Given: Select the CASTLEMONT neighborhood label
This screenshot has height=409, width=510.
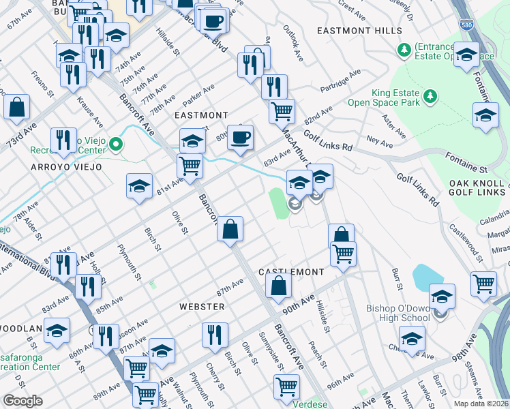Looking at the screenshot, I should click(x=291, y=272).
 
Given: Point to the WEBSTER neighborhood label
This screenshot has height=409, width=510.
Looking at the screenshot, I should click(x=202, y=307).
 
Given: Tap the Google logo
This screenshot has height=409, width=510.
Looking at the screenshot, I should click(x=22, y=401).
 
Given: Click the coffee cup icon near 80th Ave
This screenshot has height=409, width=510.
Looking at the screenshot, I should click(x=239, y=137).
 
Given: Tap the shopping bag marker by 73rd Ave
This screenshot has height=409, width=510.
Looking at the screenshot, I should click(x=17, y=106).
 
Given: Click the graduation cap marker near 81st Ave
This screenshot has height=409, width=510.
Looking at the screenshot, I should click(x=139, y=186).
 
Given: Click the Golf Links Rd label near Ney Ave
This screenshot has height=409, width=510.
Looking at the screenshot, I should click(x=328, y=140).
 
